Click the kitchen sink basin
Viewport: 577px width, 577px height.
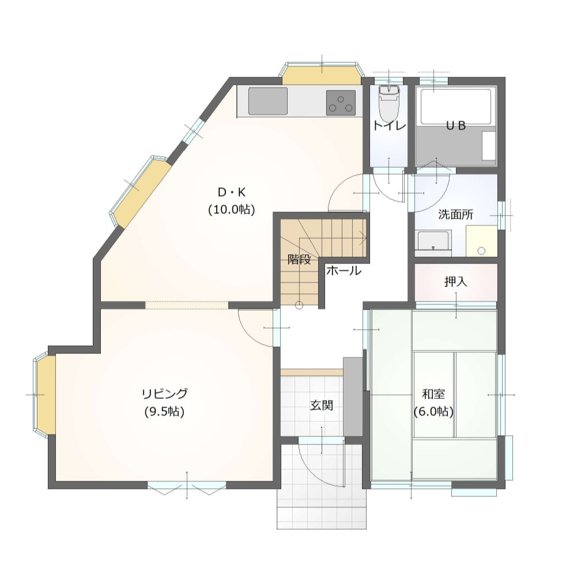[267, 101]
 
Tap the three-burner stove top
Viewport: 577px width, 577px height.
[341, 103]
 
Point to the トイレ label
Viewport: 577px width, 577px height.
[389, 126]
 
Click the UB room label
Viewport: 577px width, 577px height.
[456, 126]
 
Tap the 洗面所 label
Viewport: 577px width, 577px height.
[455, 214]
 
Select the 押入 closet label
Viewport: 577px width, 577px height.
[455, 282]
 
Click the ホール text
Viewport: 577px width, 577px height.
[344, 271]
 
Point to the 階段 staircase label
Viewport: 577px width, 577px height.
[299, 259]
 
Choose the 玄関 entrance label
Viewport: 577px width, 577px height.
[322, 406]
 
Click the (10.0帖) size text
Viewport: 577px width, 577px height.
[232, 210]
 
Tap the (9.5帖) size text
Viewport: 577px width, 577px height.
[164, 412]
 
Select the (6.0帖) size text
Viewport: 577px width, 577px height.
[433, 412]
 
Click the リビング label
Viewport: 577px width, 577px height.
[164, 394]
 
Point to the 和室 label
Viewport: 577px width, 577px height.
[433, 394]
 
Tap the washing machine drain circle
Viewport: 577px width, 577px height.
[481, 251]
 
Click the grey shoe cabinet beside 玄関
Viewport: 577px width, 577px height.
[353, 397]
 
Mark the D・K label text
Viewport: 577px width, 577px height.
[232, 193]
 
